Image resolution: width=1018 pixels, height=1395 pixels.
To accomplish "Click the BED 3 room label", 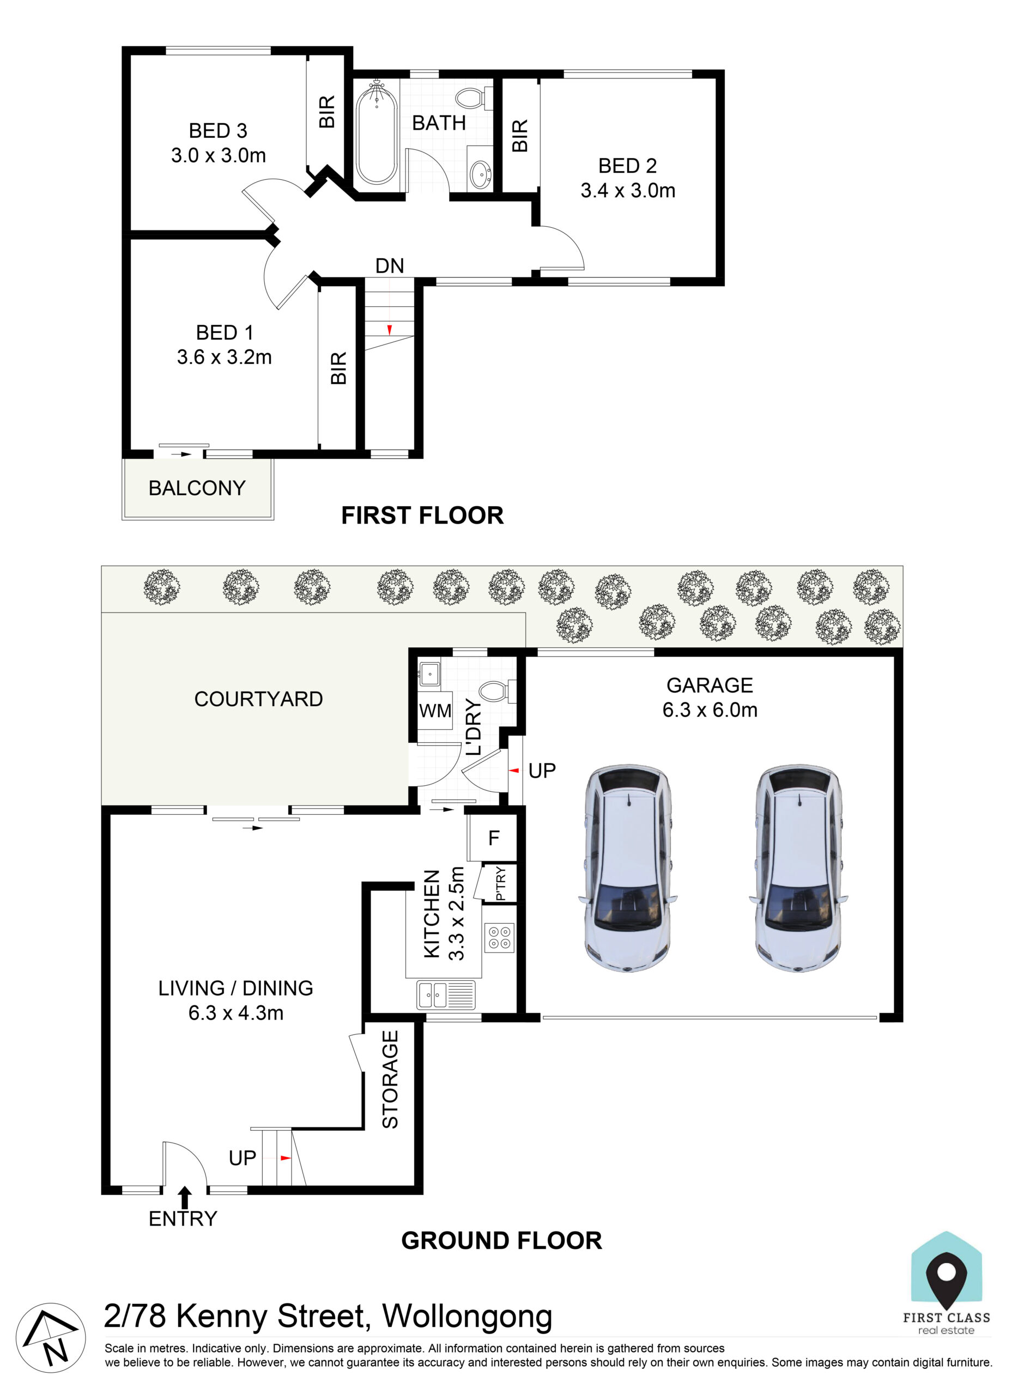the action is (x=217, y=131).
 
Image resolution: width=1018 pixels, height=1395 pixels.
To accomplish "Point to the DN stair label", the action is (x=390, y=265).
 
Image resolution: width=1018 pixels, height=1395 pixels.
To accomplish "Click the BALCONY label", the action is (x=197, y=488).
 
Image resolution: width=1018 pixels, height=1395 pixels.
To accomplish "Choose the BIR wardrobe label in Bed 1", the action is (x=339, y=368).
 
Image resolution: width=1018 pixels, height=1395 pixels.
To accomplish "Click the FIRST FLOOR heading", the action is (x=422, y=515).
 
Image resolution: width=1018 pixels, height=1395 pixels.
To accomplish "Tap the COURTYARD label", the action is (x=258, y=699).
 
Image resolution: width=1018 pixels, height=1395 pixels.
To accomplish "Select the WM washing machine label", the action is (x=435, y=711).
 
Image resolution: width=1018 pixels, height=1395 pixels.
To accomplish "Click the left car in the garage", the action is (x=628, y=868).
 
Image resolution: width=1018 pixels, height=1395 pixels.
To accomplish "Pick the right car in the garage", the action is (x=798, y=868).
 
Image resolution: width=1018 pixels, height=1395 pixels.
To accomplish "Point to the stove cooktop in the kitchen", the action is (x=499, y=937).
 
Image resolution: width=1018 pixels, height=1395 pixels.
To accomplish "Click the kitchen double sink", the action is (x=446, y=995).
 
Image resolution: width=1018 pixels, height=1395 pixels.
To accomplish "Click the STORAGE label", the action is (x=390, y=1079).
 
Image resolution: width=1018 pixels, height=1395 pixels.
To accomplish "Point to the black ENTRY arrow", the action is (x=185, y=1197).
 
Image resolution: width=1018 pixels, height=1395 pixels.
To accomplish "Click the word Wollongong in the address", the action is (x=467, y=1317).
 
